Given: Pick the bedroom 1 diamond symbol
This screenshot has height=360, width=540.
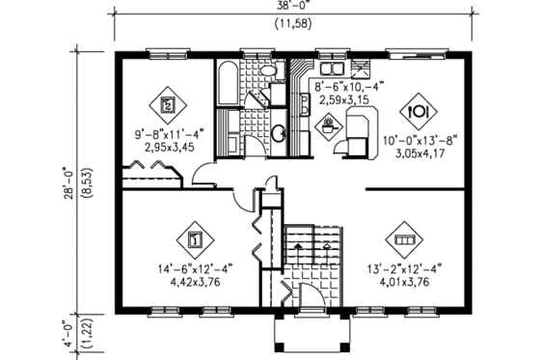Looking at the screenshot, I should tap(194, 237).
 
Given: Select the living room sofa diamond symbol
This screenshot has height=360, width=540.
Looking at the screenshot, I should tap(402, 237).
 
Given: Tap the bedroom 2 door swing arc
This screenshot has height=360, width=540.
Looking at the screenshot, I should tap(203, 174).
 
